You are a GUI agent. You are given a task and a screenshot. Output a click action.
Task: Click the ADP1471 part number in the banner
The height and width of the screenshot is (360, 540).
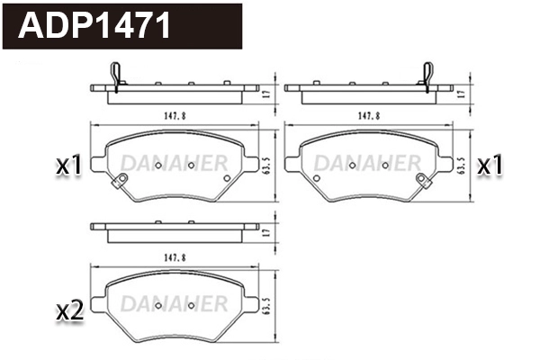click(94, 25)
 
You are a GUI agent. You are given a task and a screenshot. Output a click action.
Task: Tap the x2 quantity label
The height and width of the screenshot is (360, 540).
click(69, 311)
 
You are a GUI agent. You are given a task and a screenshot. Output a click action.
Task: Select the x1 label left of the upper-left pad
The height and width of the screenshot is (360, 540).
click(69, 166)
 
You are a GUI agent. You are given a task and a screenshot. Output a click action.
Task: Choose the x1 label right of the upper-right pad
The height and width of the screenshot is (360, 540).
click(490, 166)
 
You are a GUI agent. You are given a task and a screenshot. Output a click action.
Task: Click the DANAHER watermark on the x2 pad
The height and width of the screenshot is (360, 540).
click(173, 300)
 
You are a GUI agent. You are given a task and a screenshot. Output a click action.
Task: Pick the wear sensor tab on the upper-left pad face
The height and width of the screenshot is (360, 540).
click(113, 187)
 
